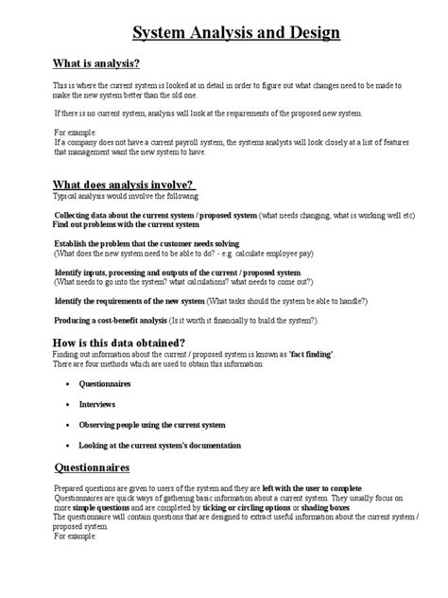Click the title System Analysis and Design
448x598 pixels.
[235, 34]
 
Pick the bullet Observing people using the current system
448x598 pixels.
[152, 425]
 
